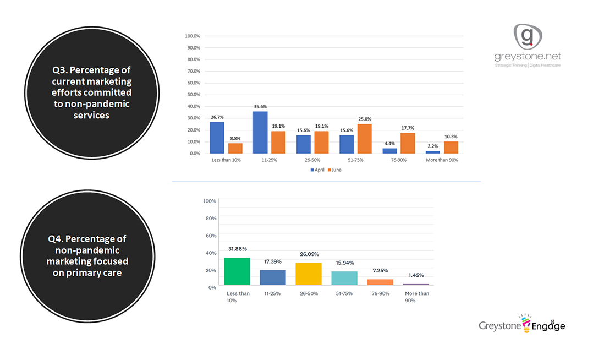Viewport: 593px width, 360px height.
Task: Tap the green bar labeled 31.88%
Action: [x=237, y=271]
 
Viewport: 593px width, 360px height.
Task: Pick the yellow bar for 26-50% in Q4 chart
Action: [x=309, y=274]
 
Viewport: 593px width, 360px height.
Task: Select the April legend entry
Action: [x=317, y=170]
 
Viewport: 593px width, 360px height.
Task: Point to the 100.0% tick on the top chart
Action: [x=192, y=36]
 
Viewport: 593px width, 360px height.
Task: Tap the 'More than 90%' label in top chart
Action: [x=442, y=160]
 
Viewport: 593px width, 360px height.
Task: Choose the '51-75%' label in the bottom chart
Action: [x=344, y=293]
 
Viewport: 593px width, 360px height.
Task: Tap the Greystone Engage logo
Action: [x=521, y=325]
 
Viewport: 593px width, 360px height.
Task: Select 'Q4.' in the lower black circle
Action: [x=58, y=239]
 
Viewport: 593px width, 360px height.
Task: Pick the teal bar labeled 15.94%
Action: [x=344, y=278]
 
